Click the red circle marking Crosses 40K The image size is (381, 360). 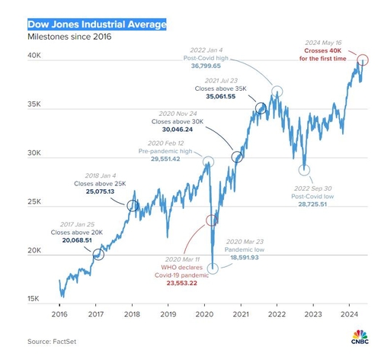tap(363, 59)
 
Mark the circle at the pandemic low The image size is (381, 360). tap(213, 268)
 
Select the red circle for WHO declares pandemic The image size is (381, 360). tap(212, 220)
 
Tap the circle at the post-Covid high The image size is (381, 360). tap(277, 92)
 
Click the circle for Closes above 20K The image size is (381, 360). tap(98, 255)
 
